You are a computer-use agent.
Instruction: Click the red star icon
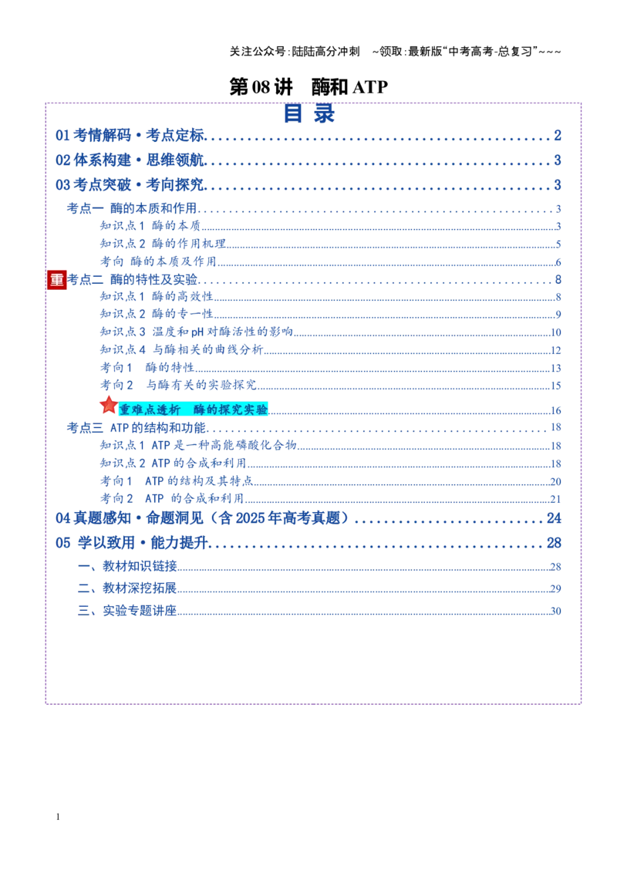pos(109,405)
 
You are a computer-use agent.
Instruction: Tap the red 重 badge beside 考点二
pos(57,279)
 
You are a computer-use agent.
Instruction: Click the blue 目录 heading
pos(309,113)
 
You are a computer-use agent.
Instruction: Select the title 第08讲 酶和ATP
pos(308,87)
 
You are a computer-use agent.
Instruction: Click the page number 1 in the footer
pos(58,817)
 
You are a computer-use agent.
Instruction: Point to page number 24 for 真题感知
pos(554,518)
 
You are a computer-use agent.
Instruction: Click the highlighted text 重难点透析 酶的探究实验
pos(194,410)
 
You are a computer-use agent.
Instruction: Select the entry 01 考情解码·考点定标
pos(130,135)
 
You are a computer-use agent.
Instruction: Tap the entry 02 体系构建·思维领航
pos(130,160)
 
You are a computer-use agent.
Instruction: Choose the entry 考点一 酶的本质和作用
pos(132,208)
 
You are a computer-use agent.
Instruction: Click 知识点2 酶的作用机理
pos(164,243)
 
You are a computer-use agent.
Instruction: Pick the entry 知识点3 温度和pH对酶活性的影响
pos(197,332)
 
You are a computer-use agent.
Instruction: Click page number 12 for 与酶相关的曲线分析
pos(556,350)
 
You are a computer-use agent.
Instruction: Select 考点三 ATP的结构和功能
pos(137,427)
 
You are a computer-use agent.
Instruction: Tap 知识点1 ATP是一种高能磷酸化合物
pos(198,446)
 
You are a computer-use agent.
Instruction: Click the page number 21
pos(556,499)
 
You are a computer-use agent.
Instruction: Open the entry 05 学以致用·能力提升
pos(131,543)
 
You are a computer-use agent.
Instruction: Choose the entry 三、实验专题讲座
pos(127,611)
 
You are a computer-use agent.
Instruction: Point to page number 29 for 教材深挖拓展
pos(556,588)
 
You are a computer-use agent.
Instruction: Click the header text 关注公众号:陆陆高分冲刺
pos(295,52)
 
